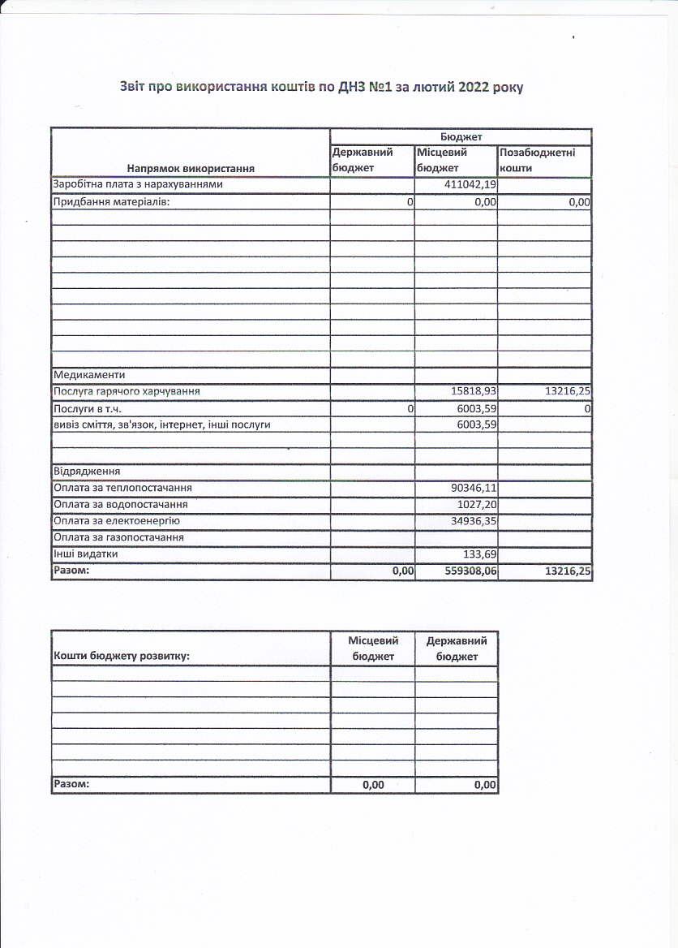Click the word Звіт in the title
tap(136, 87)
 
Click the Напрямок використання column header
tap(191, 168)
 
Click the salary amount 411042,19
tap(470, 185)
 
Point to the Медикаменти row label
tap(89, 376)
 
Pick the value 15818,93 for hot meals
tap(473, 392)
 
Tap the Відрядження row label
tap(87, 472)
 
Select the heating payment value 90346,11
tap(473, 488)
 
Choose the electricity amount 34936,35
tap(473, 520)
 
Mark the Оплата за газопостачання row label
tap(118, 537)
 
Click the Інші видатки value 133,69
tap(479, 554)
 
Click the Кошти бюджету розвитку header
tap(121, 656)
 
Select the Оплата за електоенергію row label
tap(116, 520)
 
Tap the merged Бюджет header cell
tap(461, 137)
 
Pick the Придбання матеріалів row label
tap(111, 201)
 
